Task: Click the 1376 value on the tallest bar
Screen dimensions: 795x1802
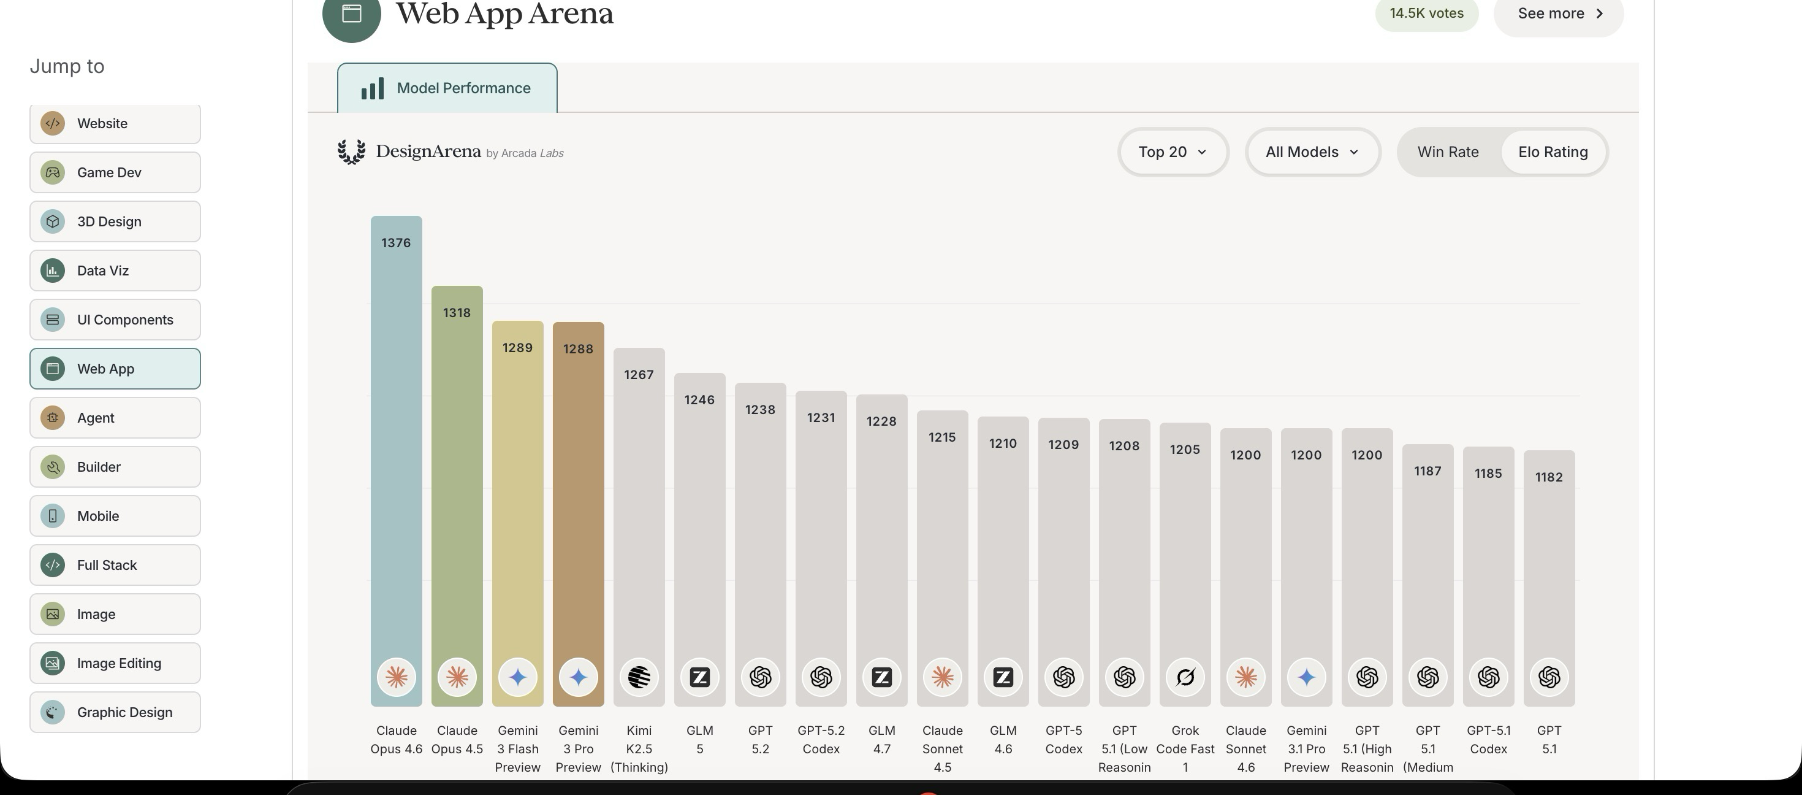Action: pyautogui.click(x=396, y=243)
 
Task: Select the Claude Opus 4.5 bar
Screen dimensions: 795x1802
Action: pyautogui.click(x=457, y=490)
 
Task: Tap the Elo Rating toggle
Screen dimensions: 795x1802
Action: pyautogui.click(x=1553, y=152)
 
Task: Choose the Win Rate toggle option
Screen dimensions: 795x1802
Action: pyautogui.click(x=1448, y=152)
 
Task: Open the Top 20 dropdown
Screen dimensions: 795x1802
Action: pyautogui.click(x=1173, y=152)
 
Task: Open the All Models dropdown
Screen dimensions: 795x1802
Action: pyautogui.click(x=1312, y=152)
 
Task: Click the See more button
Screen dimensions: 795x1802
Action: pyautogui.click(x=1559, y=14)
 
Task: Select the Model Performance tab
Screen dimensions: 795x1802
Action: pyautogui.click(x=447, y=88)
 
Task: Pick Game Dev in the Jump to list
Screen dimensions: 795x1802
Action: pyautogui.click(x=115, y=172)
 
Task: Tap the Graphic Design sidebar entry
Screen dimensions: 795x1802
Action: pyautogui.click(x=115, y=712)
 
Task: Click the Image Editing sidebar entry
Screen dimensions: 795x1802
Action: pyautogui.click(x=115, y=662)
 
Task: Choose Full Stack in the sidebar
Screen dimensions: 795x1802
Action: pyautogui.click(x=115, y=565)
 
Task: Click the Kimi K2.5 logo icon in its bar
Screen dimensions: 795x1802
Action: pyautogui.click(x=639, y=677)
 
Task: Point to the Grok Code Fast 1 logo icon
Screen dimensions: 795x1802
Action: pyautogui.click(x=1185, y=677)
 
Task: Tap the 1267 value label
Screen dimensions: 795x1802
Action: pyautogui.click(x=639, y=375)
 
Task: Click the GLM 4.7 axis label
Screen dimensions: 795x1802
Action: pyautogui.click(x=881, y=739)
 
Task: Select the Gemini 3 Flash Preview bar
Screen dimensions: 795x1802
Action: pyautogui.click(x=518, y=504)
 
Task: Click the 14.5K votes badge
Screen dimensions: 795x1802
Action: pyautogui.click(x=1426, y=14)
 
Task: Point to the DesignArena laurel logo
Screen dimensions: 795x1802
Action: pyautogui.click(x=351, y=152)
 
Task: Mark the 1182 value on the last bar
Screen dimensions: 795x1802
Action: pyautogui.click(x=1549, y=477)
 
